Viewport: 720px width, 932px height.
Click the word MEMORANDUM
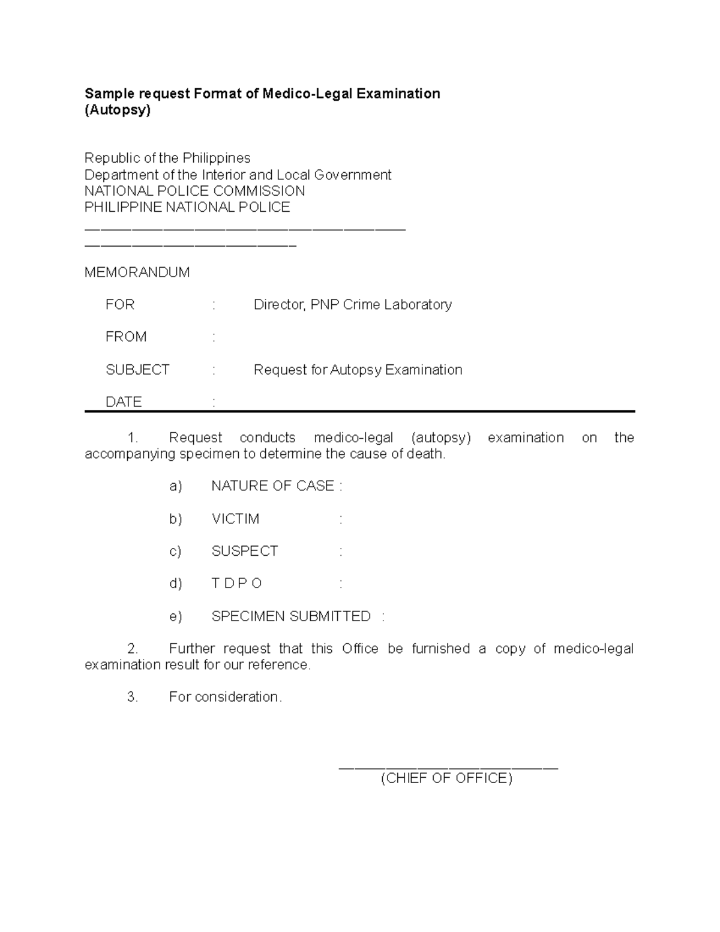pyautogui.click(x=137, y=272)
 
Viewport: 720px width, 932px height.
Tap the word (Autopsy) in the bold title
pyautogui.click(x=118, y=110)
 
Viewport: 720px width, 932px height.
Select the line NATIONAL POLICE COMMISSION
pyautogui.click(x=194, y=191)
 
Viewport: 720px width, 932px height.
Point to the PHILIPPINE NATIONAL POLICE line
pyautogui.click(x=187, y=207)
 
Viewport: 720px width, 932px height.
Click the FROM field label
pyautogui.click(x=126, y=337)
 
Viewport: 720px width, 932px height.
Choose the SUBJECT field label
pyautogui.click(x=137, y=370)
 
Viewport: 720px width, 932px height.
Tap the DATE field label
pyautogui.click(x=124, y=402)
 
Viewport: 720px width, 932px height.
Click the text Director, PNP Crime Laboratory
pyautogui.click(x=353, y=305)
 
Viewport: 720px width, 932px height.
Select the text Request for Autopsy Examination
pyautogui.click(x=358, y=370)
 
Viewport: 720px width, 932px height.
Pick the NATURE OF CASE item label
pyautogui.click(x=273, y=486)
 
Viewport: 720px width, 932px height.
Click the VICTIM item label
pyautogui.click(x=235, y=519)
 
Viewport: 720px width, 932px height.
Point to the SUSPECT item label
pyautogui.click(x=245, y=552)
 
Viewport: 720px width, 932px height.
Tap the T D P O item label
pyautogui.click(x=237, y=584)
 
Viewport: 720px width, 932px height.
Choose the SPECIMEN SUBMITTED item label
pyautogui.click(x=291, y=616)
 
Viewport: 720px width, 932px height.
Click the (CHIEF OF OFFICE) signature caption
pyautogui.click(x=447, y=778)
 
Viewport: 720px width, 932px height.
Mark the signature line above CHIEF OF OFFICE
pyautogui.click(x=448, y=768)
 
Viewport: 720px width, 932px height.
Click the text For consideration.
pyautogui.click(x=226, y=697)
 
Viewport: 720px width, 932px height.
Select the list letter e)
pyautogui.click(x=176, y=616)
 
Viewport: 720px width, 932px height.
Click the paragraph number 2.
pyautogui.click(x=133, y=649)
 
